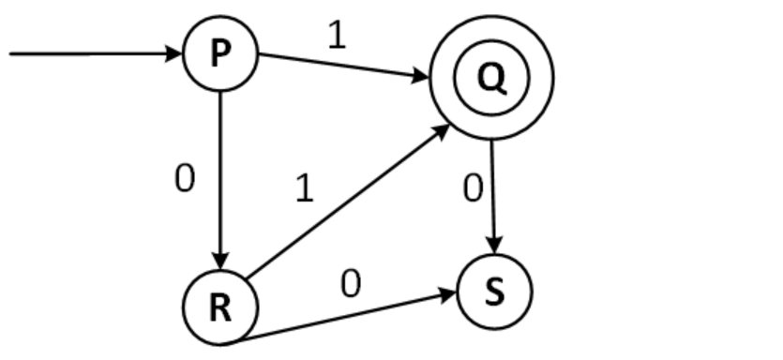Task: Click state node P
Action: [x=219, y=54]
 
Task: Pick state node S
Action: [x=494, y=292]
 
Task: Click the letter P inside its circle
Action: [x=219, y=54]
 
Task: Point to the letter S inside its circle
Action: [x=494, y=292]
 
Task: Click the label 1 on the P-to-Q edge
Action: [x=337, y=36]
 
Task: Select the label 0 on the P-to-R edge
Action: [x=185, y=179]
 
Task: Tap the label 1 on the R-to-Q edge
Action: [x=303, y=189]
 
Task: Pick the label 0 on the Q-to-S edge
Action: [x=473, y=188]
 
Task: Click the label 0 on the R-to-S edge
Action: [x=350, y=283]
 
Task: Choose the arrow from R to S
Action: [x=347, y=319]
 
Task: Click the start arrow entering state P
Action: [x=94, y=53]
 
